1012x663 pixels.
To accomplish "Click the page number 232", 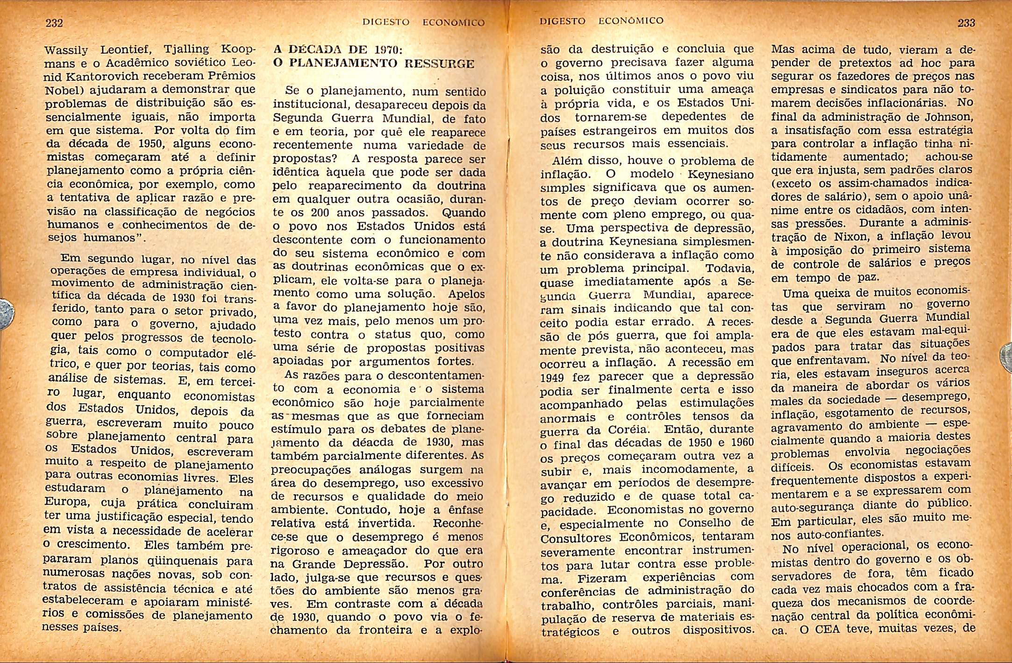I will click(54, 23).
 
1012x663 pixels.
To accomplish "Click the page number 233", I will click(966, 23).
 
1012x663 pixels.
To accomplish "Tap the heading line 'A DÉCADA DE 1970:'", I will click(338, 50).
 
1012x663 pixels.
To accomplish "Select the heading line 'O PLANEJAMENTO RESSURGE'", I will click(374, 64).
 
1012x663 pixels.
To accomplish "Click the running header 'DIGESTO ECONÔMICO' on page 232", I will click(424, 22).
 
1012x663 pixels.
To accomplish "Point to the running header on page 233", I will click(601, 21).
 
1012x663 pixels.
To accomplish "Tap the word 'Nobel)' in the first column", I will click(62, 90).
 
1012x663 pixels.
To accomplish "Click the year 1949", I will click(552, 377).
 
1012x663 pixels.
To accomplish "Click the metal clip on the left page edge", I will click(7, 313).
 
